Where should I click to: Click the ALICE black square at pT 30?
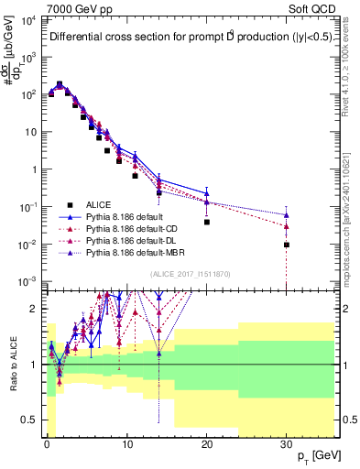coord(287,245)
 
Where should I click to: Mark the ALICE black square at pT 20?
coord(207,222)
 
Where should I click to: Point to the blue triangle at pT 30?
coord(287,215)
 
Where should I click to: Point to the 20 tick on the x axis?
coord(207,443)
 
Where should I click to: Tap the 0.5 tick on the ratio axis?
coord(32,420)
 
